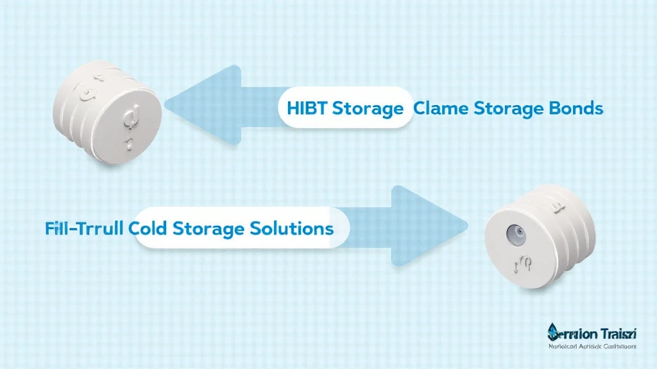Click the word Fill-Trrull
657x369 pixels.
pyautogui.click(x=87, y=229)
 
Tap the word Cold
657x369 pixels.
pyautogui.click(x=152, y=229)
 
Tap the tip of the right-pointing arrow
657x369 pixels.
pyautogui.click(x=466, y=224)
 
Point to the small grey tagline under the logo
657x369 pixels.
pyautogui.click(x=592, y=347)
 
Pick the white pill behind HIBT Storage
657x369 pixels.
pyautogui.click(x=343, y=109)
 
